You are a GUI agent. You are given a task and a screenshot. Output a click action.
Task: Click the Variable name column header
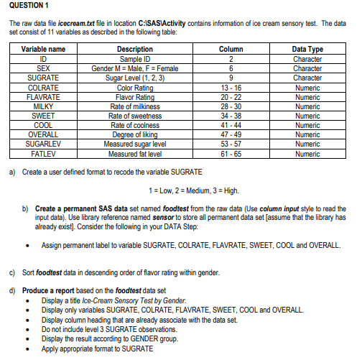tap(44, 49)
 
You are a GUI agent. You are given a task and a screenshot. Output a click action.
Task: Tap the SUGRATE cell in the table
tap(44, 74)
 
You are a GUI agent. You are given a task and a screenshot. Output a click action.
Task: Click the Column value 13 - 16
tap(226, 88)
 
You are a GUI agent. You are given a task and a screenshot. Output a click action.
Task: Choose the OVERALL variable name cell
tap(44, 134)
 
